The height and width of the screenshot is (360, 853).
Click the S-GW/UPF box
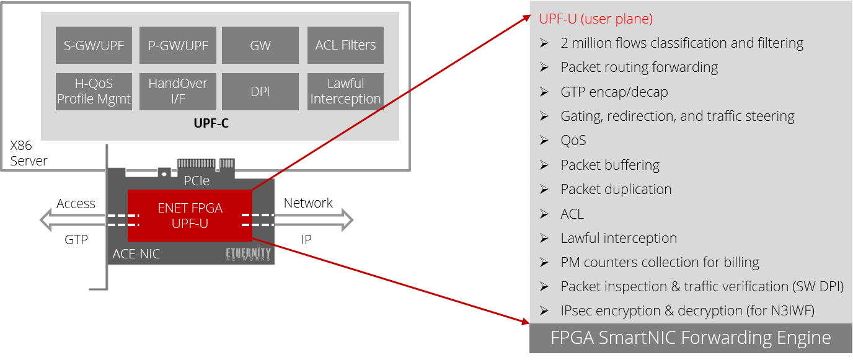94,45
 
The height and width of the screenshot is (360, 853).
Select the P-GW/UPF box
178,45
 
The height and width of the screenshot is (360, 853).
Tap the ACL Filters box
345,45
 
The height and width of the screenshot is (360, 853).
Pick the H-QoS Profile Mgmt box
94,92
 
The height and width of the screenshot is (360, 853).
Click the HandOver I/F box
178,92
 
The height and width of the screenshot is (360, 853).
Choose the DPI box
260,92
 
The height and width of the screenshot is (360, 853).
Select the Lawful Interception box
345,92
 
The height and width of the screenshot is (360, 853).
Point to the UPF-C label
211,123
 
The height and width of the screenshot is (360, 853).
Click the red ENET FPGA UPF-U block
190,216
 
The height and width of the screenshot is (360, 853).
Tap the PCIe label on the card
197,180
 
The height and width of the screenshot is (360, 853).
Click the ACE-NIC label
136,254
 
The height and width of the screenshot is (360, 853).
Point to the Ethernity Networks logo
249,254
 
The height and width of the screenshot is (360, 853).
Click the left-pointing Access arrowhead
45,220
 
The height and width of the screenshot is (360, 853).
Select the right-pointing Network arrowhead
348,220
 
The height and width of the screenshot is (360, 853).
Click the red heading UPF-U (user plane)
596,19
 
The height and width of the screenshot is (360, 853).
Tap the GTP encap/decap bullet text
614,92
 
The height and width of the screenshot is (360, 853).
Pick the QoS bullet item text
573,141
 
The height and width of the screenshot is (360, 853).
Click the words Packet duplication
616,189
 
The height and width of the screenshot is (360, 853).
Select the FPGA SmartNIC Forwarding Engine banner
691,338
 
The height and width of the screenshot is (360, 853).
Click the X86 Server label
29,153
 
